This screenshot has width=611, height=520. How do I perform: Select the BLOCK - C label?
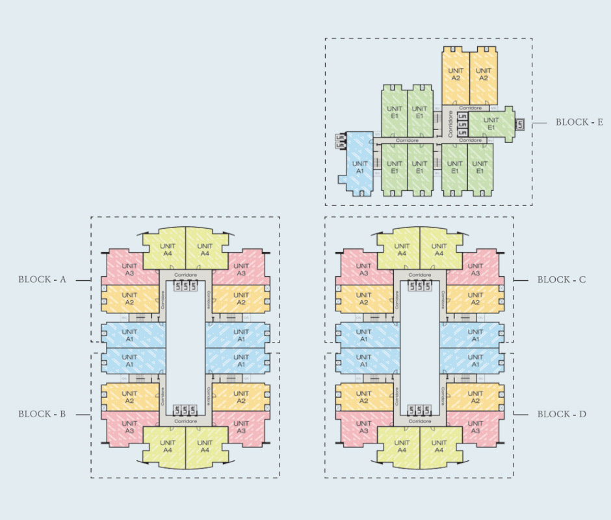[562, 279]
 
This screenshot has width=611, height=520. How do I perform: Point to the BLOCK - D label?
[562, 414]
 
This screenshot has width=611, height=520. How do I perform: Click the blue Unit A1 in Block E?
[360, 168]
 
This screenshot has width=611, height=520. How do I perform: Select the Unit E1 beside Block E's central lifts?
[491, 123]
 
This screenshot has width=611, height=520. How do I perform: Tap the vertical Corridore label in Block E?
[450, 123]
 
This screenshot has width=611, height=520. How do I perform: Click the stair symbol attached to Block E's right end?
[520, 123]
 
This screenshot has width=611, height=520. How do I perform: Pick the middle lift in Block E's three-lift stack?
[463, 123]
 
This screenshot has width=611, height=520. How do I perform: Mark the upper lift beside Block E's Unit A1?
[339, 137]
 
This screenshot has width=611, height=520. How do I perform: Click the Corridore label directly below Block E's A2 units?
[470, 108]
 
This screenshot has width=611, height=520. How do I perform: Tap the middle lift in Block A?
[185, 285]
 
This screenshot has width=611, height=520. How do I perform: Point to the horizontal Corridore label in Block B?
[186, 421]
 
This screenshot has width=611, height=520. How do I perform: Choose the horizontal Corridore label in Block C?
[421, 275]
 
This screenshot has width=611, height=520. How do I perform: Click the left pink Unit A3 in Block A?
[129, 269]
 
